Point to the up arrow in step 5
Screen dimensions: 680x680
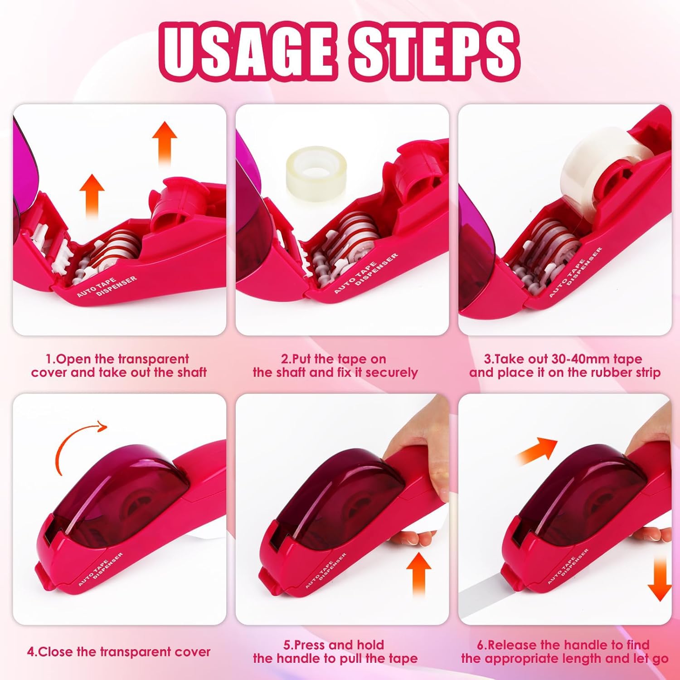click(x=418, y=574)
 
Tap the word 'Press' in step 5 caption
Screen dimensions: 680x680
click(x=310, y=645)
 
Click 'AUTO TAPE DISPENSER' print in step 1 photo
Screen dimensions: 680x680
click(x=107, y=286)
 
